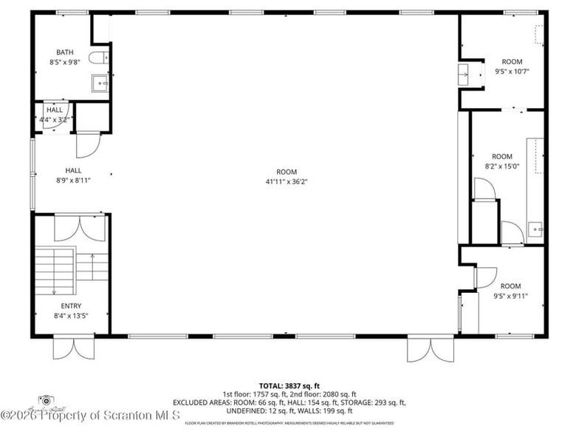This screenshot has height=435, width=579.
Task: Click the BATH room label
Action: [x=65, y=52]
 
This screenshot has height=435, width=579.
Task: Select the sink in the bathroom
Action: [x=100, y=83]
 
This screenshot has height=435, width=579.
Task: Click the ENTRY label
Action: [x=72, y=306]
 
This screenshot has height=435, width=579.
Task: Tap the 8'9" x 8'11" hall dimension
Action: [x=72, y=180]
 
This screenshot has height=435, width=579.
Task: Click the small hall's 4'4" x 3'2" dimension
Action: [x=56, y=119]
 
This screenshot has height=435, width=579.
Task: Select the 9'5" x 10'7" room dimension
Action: [x=512, y=72]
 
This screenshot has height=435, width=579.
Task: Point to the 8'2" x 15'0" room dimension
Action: [x=501, y=166]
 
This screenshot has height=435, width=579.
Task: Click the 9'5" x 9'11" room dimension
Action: [x=510, y=296]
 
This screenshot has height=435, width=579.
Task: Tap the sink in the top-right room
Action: [x=463, y=75]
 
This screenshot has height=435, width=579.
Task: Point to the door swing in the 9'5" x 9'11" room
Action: [x=485, y=278]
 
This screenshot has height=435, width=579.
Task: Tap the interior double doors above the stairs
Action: [x=80, y=227]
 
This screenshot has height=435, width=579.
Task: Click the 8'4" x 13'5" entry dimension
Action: [x=72, y=316]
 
